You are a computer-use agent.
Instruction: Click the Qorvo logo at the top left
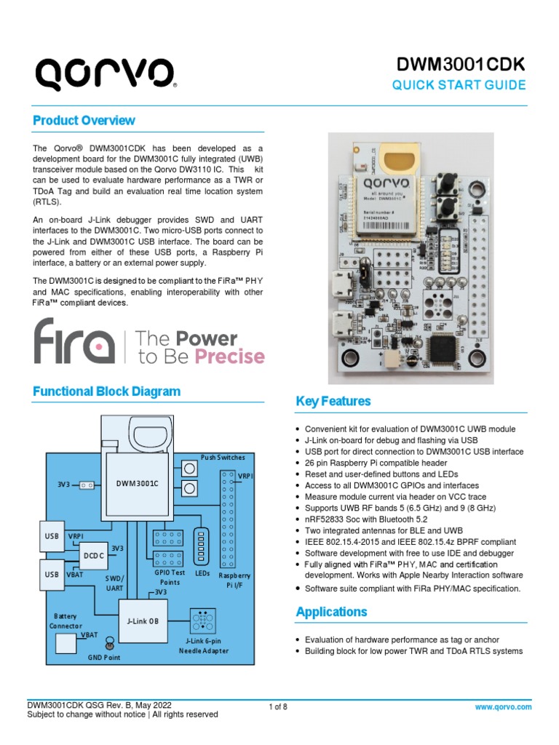coord(105,73)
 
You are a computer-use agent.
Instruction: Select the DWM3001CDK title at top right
coord(460,65)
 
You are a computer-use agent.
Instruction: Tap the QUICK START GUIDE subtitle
coord(459,85)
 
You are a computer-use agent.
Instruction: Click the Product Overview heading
coord(84,120)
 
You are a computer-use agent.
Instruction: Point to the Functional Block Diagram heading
coord(106,391)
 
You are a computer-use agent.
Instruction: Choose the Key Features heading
coord(333,402)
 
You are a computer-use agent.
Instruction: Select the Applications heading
coord(331,612)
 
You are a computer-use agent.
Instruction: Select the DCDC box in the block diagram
coord(92,555)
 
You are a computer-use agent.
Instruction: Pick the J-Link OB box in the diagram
coord(143,621)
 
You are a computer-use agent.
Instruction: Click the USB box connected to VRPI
coord(50,537)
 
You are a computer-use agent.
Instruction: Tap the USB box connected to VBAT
coord(50,573)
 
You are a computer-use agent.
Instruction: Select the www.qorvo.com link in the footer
coord(503,707)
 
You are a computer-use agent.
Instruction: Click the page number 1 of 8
coord(279,707)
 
